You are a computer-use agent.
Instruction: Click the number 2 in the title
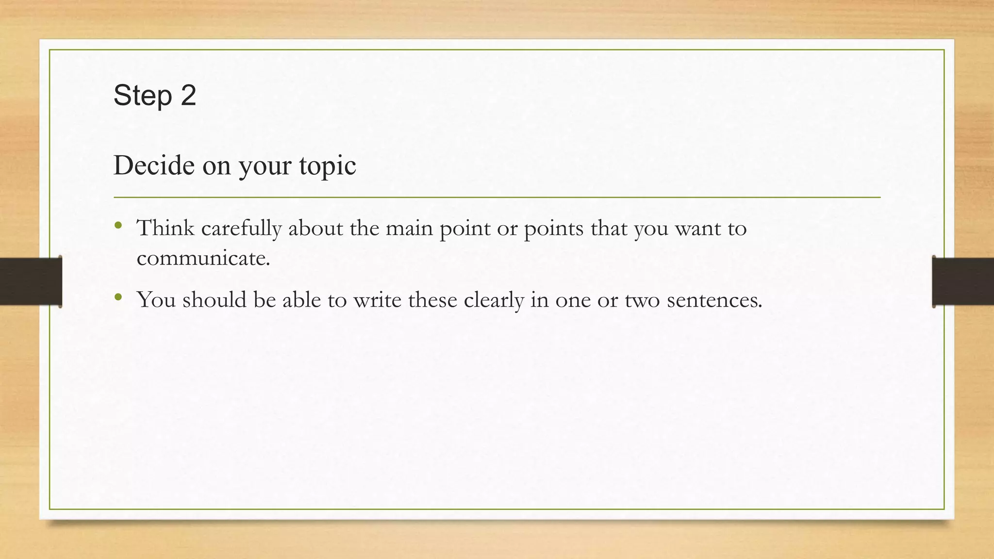click(188, 95)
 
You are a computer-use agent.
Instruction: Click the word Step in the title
click(143, 96)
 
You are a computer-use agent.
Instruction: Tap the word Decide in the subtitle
click(154, 165)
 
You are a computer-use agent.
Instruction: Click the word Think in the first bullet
click(166, 228)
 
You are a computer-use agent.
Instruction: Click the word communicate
click(203, 258)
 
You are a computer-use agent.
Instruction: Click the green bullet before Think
click(118, 225)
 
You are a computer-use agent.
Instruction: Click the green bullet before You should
click(118, 296)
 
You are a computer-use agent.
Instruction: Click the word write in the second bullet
click(377, 300)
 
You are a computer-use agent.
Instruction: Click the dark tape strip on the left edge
click(31, 281)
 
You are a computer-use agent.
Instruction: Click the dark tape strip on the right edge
click(963, 281)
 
